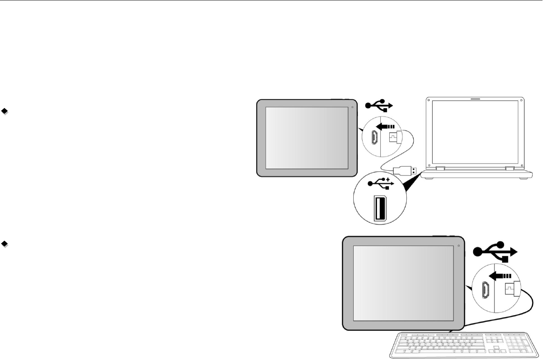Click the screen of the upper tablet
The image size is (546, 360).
click(307, 138)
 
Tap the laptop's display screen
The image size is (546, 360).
click(475, 131)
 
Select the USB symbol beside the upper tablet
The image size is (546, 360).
click(379, 105)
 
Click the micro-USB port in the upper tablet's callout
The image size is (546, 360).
click(374, 137)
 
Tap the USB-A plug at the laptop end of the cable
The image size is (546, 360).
click(405, 170)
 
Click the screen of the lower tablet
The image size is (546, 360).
click(403, 283)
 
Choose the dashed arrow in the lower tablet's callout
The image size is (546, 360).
click(500, 276)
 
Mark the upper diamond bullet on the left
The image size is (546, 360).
click(5, 111)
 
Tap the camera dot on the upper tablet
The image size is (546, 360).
click(353, 107)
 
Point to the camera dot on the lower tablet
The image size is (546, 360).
click(458, 246)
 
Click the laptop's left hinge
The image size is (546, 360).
click(440, 169)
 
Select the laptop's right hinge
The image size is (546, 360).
click(510, 169)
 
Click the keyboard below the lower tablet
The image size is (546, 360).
click(464, 345)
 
